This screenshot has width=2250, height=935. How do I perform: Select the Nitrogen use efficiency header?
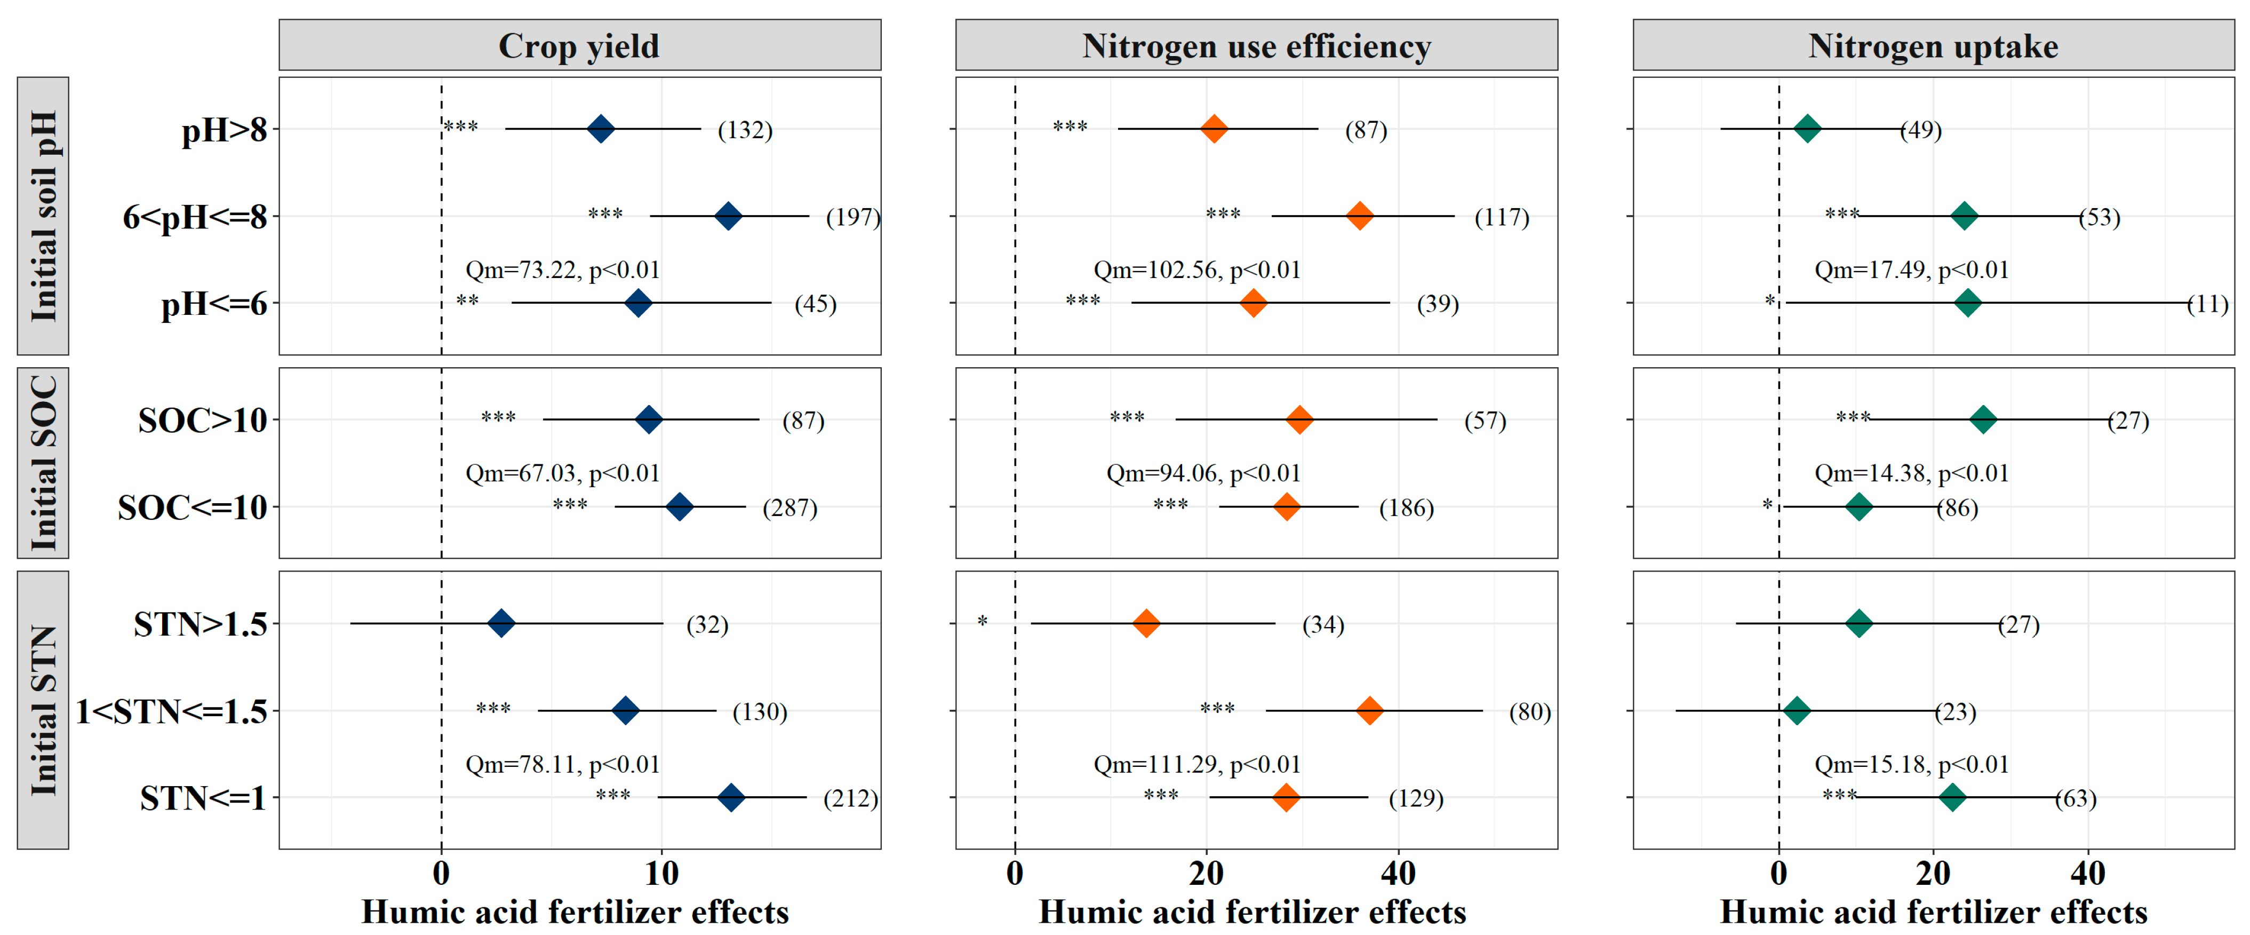pyautogui.click(x=1256, y=45)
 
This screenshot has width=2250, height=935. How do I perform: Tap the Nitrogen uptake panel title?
pyautogui.click(x=1933, y=45)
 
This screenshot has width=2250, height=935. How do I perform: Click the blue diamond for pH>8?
pyautogui.click(x=600, y=129)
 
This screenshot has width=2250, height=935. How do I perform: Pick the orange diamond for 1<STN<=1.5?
pyautogui.click(x=1369, y=710)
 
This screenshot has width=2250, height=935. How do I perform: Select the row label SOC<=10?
pyautogui.click(x=192, y=508)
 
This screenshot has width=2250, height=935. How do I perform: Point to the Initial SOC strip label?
pyautogui.click(x=43, y=463)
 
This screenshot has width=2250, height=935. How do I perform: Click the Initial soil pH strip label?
pyautogui.click(x=43, y=216)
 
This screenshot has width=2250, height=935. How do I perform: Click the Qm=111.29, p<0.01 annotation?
pyautogui.click(x=1196, y=765)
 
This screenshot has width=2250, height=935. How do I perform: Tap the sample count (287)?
pyautogui.click(x=789, y=508)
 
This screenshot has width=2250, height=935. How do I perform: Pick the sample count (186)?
pyautogui.click(x=1406, y=508)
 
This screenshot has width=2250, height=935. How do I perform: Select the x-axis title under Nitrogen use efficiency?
pyautogui.click(x=1251, y=912)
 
